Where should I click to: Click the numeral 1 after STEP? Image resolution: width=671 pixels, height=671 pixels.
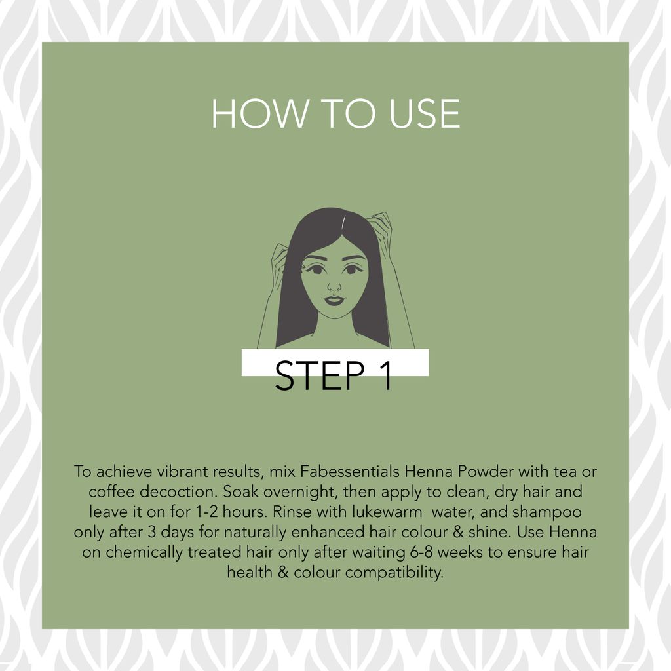pyautogui.click(x=385, y=375)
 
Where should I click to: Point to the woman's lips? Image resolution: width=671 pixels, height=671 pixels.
pyautogui.click(x=334, y=300)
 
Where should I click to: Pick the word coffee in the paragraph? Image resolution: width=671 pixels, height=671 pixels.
pyautogui.click(x=112, y=491)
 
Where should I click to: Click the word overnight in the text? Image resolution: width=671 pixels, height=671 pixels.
pyautogui.click(x=296, y=491)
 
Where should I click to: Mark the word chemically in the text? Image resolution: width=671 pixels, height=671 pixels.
pyautogui.click(x=144, y=552)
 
